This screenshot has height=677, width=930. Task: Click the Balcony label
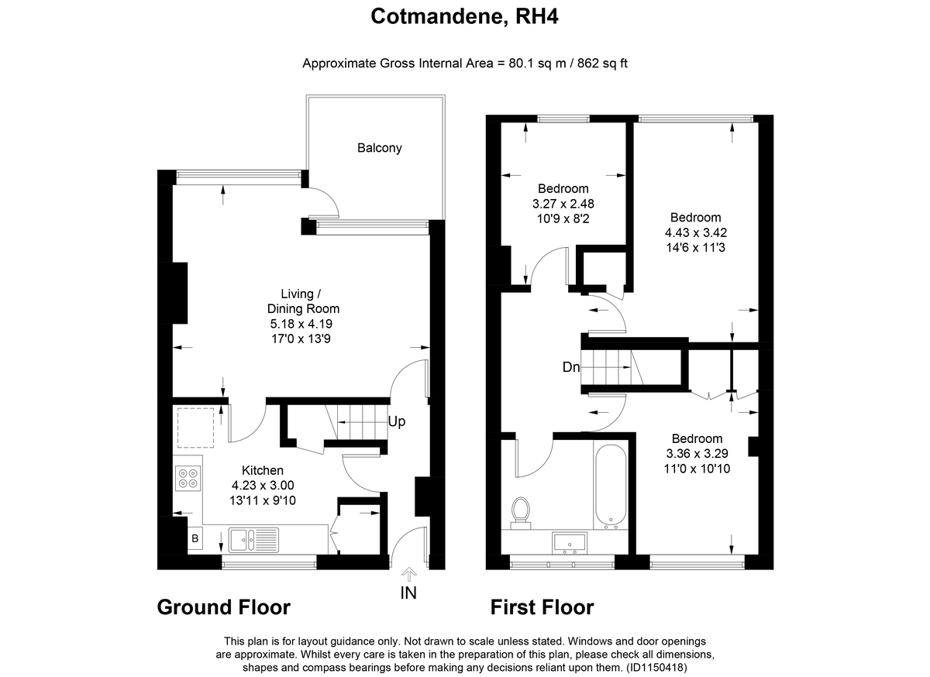pyautogui.click(x=380, y=148)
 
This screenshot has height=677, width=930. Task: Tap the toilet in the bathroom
pyautogui.click(x=520, y=514)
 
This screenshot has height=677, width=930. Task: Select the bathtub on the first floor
pyautogui.click(x=611, y=487)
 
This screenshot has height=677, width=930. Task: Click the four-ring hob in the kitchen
pyautogui.click(x=188, y=479)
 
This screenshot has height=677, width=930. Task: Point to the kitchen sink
pyautogui.click(x=253, y=540)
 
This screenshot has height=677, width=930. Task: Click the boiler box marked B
pyautogui.click(x=195, y=538)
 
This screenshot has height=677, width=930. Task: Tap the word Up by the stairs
pyautogui.click(x=397, y=421)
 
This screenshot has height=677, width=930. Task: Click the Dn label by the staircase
pyautogui.click(x=571, y=367)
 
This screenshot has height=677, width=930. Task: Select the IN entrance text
pyautogui.click(x=408, y=593)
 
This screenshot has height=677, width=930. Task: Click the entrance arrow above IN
pyautogui.click(x=409, y=574)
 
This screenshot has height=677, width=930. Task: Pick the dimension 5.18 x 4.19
pyautogui.click(x=301, y=324)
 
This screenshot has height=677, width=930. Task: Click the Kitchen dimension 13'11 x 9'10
pyautogui.click(x=263, y=500)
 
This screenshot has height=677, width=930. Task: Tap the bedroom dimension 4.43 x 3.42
pyautogui.click(x=695, y=232)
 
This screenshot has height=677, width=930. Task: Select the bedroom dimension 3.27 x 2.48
pyautogui.click(x=563, y=204)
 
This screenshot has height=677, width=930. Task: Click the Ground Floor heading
pyautogui.click(x=224, y=607)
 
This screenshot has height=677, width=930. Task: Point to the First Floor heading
pyautogui.click(x=542, y=607)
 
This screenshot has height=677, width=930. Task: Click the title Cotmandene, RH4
pyautogui.click(x=464, y=17)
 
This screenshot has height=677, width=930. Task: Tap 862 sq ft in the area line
pyautogui.click(x=602, y=64)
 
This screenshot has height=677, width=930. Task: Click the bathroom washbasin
pyautogui.click(x=569, y=543)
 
